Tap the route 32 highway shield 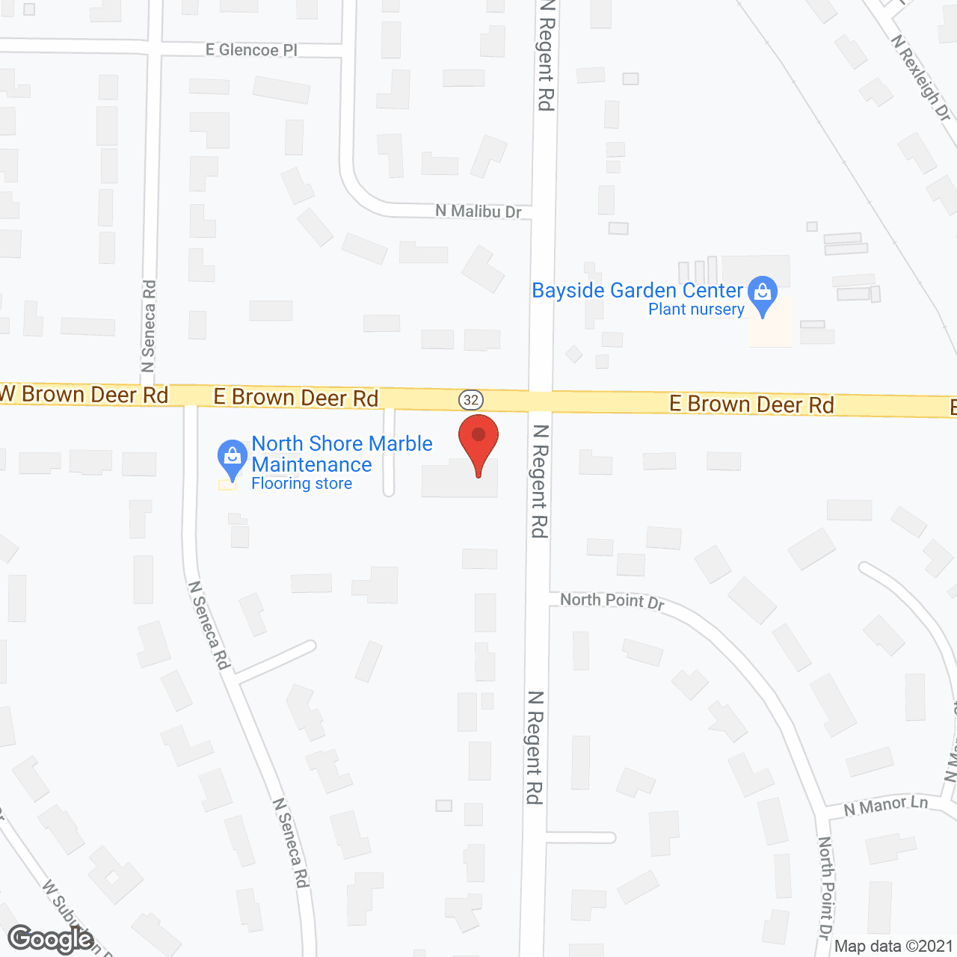pos(471,399)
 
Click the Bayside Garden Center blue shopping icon pos(763,294)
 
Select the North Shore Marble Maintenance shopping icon pos(233,457)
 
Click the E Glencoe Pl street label pos(251,50)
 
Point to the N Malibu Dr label pos(478,212)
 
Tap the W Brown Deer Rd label pos(84,394)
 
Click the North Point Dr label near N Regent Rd pos(612,600)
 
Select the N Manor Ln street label pos(886,806)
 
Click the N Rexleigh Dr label pos(921,78)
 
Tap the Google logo pos(50,939)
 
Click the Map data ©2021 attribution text pos(893,946)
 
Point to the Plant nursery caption pos(696,310)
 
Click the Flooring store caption pos(301,484)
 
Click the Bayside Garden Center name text pos(637,290)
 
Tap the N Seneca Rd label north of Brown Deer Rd pos(149,325)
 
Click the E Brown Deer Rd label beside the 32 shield pos(296,397)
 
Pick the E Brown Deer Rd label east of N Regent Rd pos(751,404)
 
